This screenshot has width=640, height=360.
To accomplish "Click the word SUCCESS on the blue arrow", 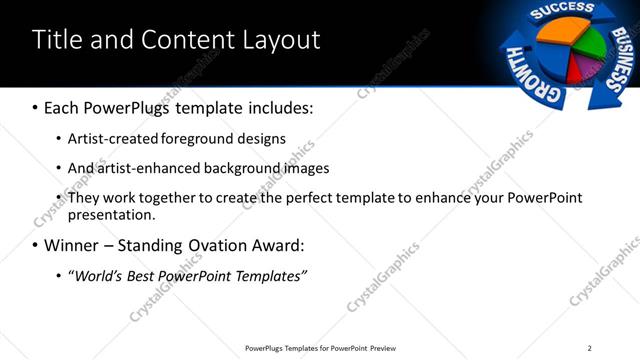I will (562, 11).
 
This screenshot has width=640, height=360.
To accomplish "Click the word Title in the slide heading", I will (57, 40).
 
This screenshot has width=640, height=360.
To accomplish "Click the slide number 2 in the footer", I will (589, 348).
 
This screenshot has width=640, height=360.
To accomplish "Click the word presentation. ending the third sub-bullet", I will (111, 214).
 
